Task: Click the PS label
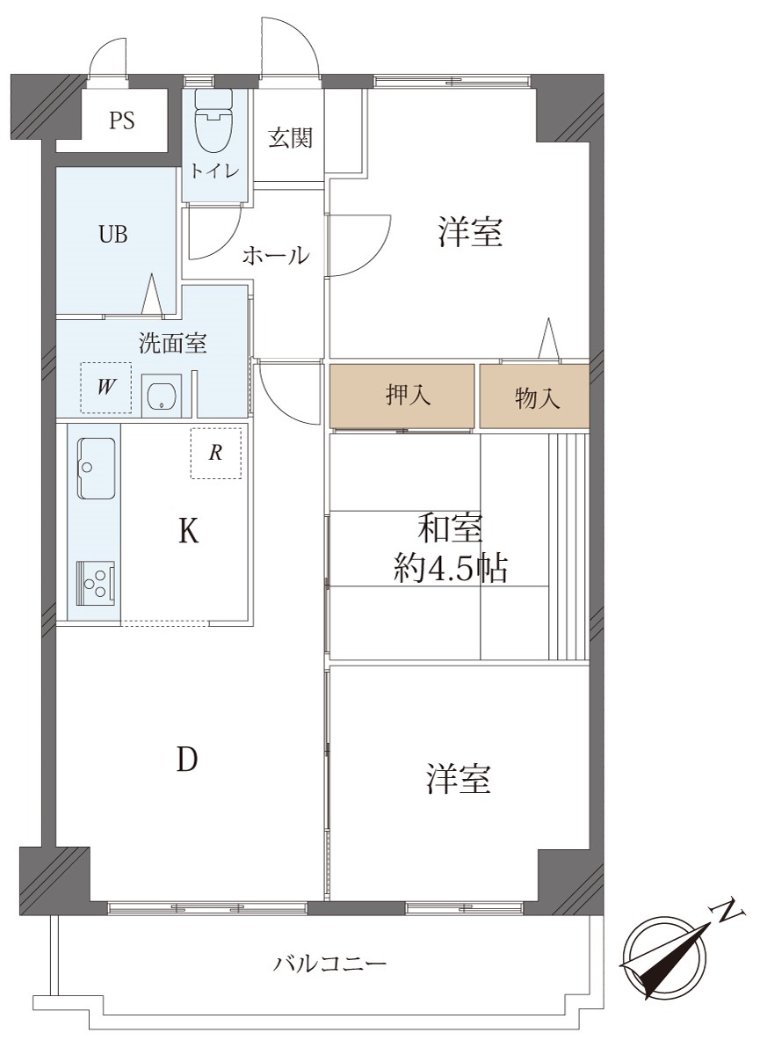(122, 120)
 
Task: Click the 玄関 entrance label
(290, 137)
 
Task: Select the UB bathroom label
(113, 234)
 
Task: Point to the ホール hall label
(276, 256)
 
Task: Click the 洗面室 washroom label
(173, 343)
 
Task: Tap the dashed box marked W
(106, 388)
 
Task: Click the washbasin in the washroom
(162, 395)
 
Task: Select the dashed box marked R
(216, 453)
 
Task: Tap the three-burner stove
(96, 582)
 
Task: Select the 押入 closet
(402, 397)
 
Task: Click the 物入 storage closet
(534, 397)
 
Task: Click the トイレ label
(214, 171)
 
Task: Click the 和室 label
(451, 530)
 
